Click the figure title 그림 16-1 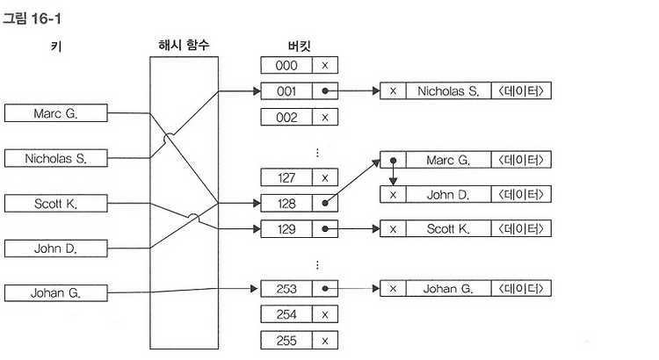coord(32,18)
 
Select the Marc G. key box coord(56,113)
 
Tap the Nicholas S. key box coord(56,158)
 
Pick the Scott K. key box coord(56,204)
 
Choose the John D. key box coord(56,248)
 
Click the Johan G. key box coord(56,292)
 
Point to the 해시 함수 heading coord(184,45)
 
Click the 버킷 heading coord(300,46)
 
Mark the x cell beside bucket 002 coord(325,117)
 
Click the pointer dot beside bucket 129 coord(325,229)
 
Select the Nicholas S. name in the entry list coord(448,90)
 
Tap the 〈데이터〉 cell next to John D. coord(521,195)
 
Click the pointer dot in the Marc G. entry coord(393,161)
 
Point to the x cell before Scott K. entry coord(393,229)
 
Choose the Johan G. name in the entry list coord(448,289)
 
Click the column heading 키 coord(56,46)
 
